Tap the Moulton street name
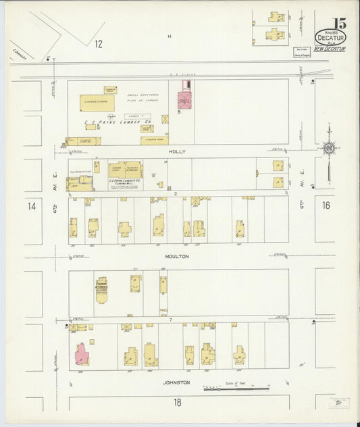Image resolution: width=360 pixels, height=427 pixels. pyautogui.click(x=177, y=257)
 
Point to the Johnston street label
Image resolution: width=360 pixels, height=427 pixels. pyautogui.click(x=177, y=382)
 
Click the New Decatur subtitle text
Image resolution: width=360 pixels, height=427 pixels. pyautogui.click(x=330, y=49)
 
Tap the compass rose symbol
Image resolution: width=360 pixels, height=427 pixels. pyautogui.click(x=328, y=147)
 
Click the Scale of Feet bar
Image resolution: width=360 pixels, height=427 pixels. pyautogui.click(x=236, y=389)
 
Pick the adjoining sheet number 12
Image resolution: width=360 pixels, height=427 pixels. pyautogui.click(x=99, y=44)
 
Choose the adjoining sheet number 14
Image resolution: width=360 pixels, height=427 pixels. pyautogui.click(x=32, y=206)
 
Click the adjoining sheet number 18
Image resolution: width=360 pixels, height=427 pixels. pyautogui.click(x=177, y=403)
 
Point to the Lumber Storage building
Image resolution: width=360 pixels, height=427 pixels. pyautogui.click(x=97, y=103)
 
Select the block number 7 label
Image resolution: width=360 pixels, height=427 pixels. pyautogui.click(x=172, y=319)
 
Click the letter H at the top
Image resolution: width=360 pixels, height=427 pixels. pyautogui.click(x=170, y=36)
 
